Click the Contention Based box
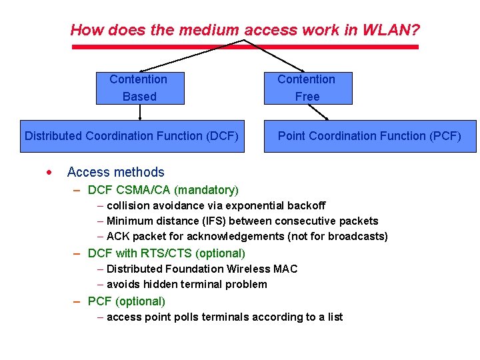139,88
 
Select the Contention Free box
307,88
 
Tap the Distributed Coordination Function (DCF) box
131,136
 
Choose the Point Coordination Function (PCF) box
370,136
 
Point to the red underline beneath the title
245,47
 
